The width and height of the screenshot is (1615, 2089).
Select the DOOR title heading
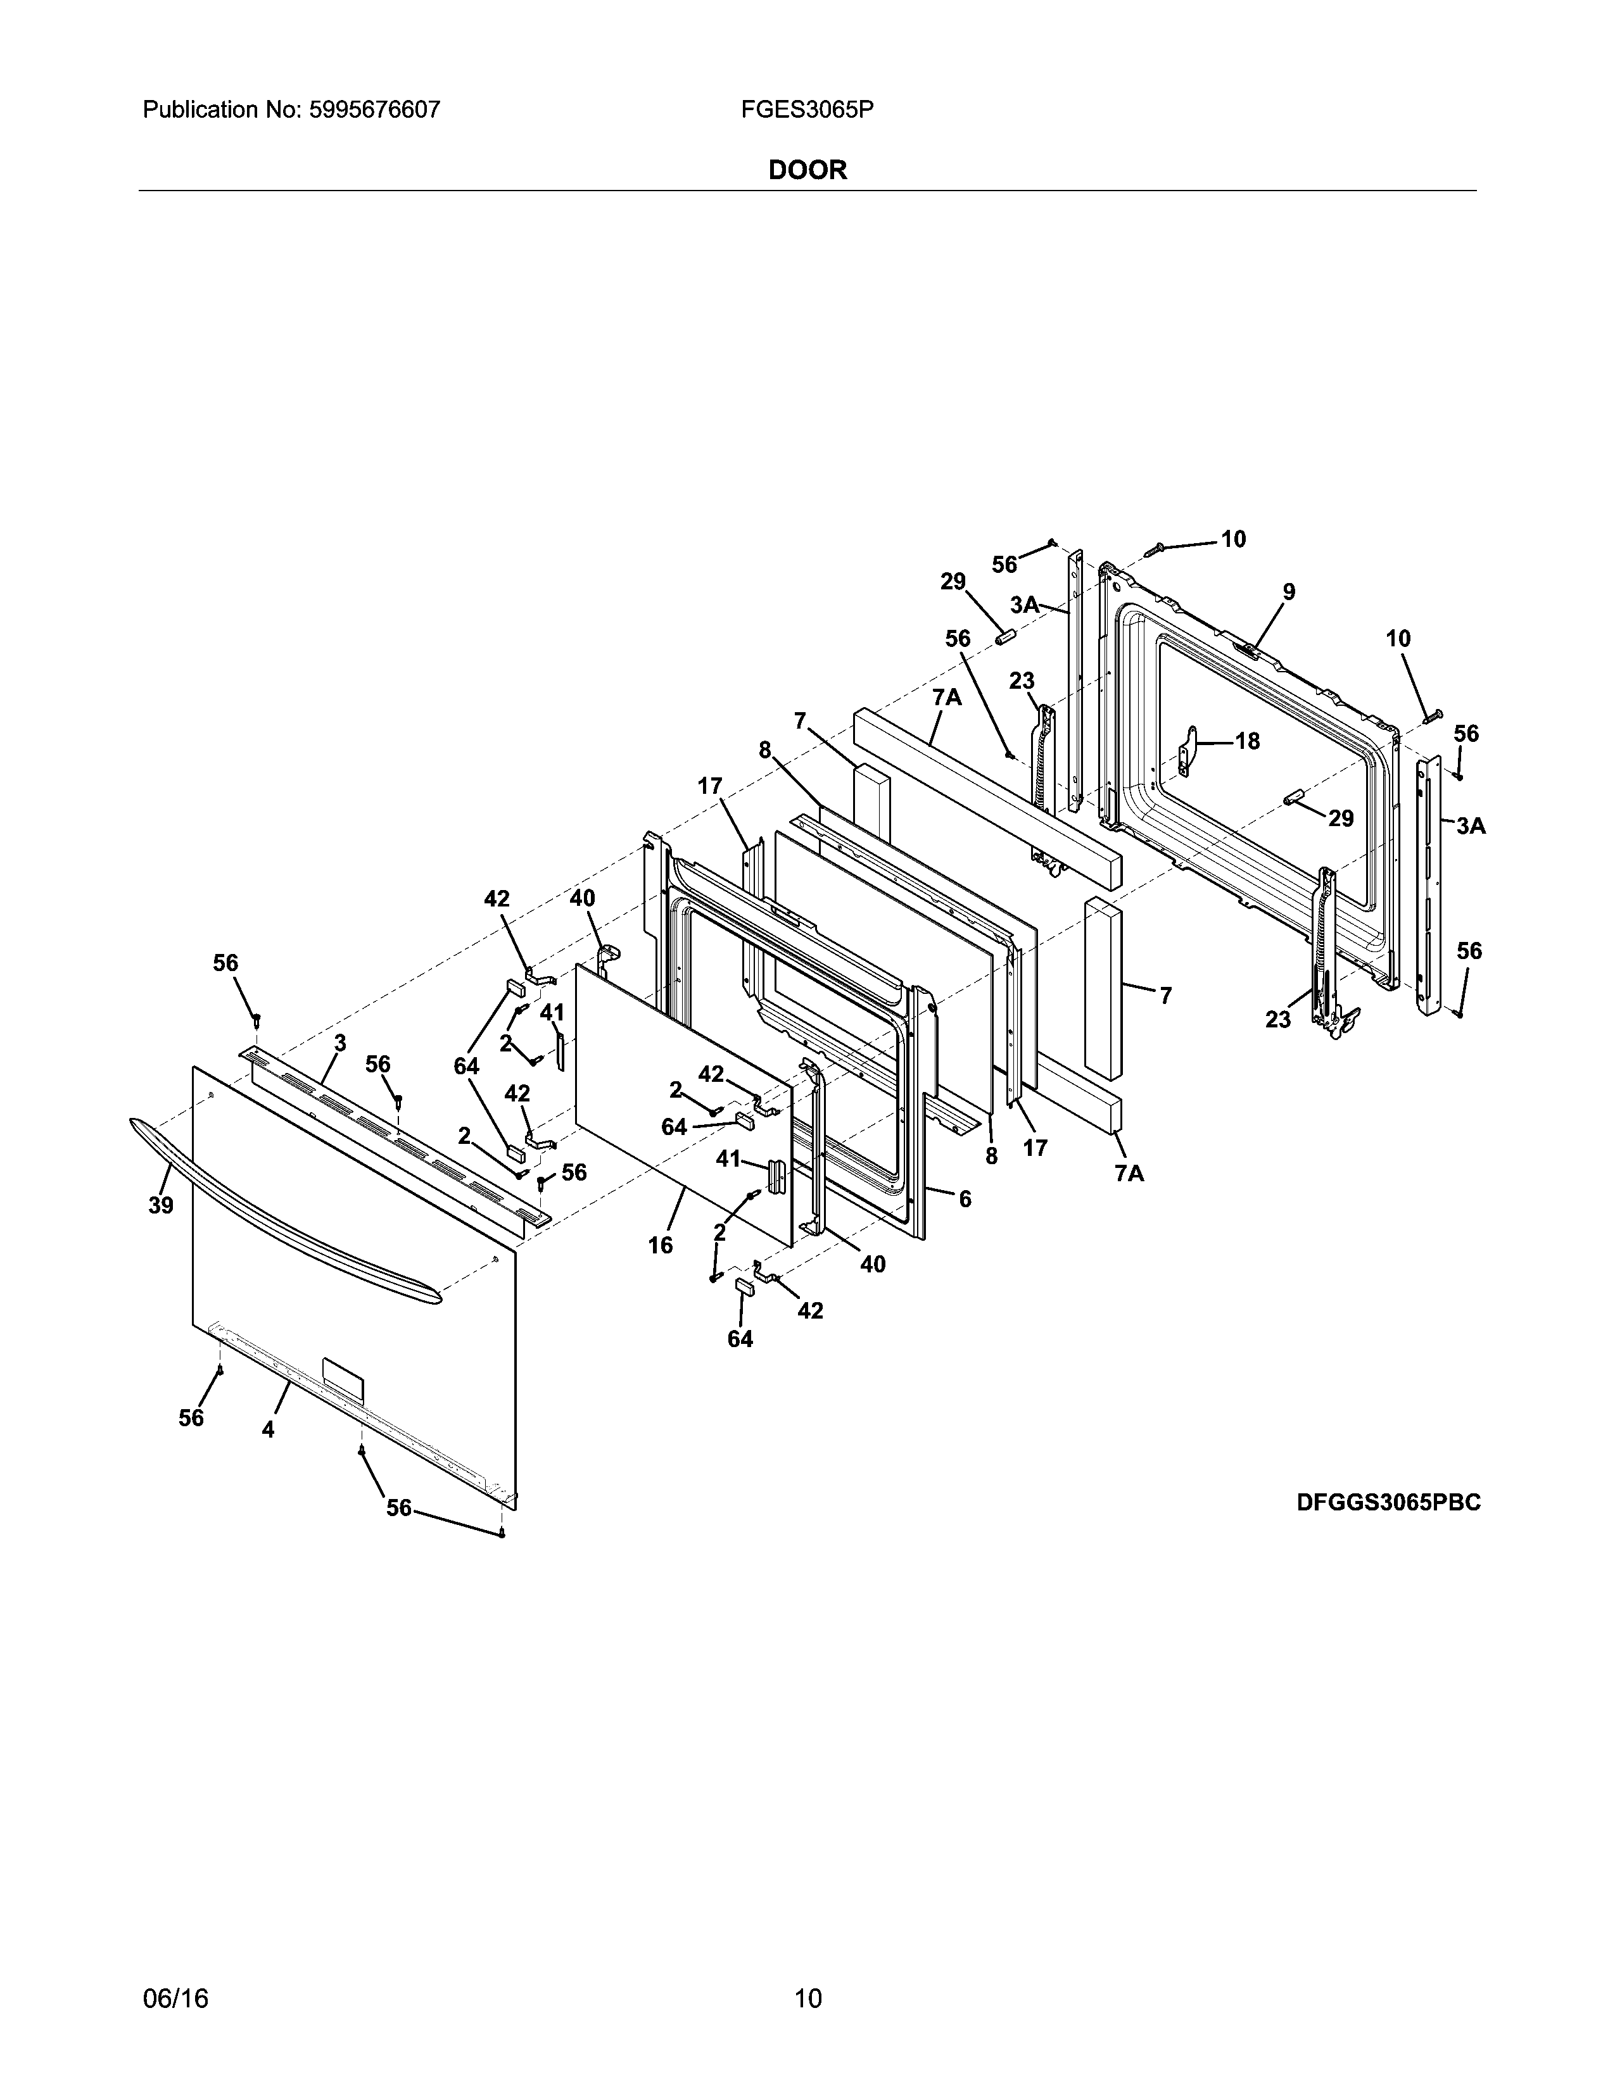(807, 170)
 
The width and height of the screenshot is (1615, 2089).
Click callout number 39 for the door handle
(161, 1205)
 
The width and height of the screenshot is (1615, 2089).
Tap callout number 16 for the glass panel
(660, 1245)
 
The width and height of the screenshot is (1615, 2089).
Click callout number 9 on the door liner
(1289, 592)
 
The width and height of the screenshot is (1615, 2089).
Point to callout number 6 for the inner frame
(965, 1198)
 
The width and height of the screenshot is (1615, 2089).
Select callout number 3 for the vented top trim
(339, 1043)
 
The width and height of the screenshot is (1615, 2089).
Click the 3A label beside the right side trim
(1471, 825)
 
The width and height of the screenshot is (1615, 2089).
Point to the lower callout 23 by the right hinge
(1278, 1020)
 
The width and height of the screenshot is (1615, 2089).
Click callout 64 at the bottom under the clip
(740, 1339)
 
